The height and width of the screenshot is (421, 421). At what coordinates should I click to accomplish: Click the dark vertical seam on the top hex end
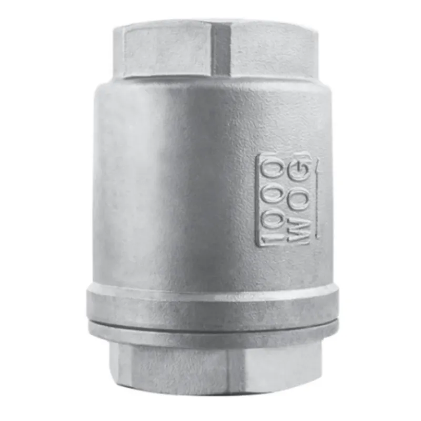pos(222,51)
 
